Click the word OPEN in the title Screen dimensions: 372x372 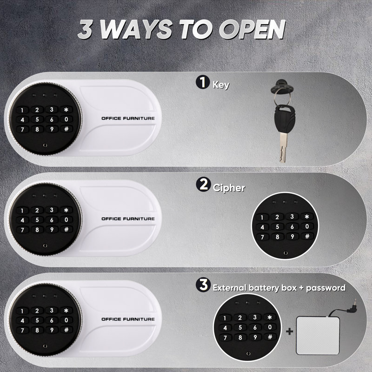(252, 29)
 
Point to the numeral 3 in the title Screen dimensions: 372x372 (85, 29)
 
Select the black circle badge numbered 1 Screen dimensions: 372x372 (203, 82)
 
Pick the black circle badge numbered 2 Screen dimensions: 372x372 (203, 184)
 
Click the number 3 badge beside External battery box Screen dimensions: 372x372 (203, 285)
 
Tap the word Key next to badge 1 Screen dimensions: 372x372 (221, 85)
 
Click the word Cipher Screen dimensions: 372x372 (229, 188)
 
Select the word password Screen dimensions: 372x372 (326, 288)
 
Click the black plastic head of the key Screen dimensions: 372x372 (285, 119)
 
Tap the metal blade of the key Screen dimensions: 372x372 (283, 147)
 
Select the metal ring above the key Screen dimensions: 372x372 (282, 98)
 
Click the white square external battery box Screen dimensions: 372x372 (318, 335)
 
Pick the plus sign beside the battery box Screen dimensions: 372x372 (289, 331)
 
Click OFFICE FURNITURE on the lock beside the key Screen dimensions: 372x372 (128, 118)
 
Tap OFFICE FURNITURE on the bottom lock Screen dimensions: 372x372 (128, 319)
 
